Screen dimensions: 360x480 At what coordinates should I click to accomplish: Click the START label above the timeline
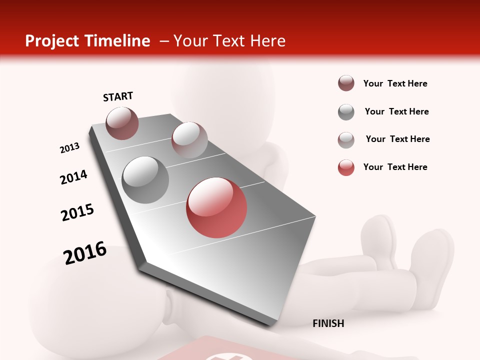[118, 96]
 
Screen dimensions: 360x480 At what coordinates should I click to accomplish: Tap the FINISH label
[328, 323]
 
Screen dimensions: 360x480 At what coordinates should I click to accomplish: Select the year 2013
[70, 148]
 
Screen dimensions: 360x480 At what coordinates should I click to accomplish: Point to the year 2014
[74, 177]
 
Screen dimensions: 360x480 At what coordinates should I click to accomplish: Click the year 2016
[85, 252]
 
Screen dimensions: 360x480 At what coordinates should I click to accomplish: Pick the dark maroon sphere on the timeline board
[122, 123]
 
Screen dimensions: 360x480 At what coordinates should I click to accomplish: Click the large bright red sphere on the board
[216, 207]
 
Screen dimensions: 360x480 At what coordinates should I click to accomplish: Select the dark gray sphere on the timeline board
[145, 180]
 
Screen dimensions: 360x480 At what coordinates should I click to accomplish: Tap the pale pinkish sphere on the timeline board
[189, 140]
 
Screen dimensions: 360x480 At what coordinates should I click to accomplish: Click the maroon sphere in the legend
[346, 83]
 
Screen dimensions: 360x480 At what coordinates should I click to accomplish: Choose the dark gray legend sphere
[346, 112]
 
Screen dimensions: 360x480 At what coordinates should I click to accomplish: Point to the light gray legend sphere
[346, 140]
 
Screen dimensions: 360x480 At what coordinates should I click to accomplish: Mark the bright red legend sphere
[346, 167]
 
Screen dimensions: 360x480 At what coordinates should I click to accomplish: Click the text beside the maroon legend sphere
[395, 84]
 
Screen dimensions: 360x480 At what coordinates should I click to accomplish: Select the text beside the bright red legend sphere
[395, 167]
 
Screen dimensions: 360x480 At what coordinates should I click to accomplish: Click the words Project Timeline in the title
[87, 41]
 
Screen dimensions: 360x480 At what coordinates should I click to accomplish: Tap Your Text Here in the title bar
[229, 41]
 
